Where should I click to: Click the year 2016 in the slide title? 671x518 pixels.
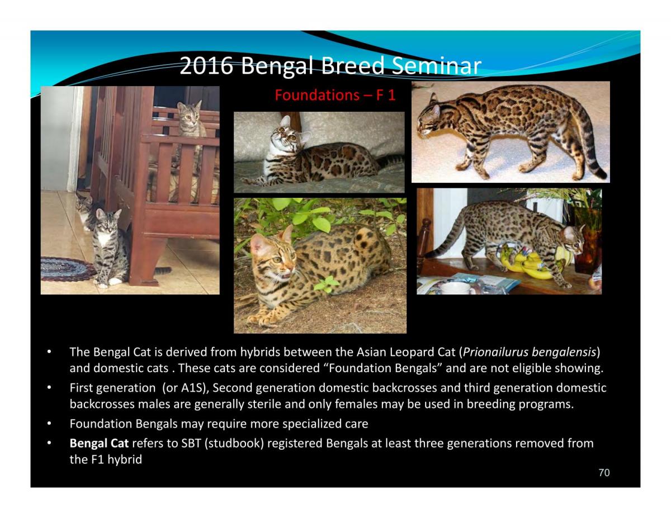pos(206,65)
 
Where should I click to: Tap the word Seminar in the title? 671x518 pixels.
pos(436,65)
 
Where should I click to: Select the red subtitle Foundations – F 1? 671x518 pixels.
pos(335,94)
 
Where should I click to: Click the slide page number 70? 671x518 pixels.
pos(604,473)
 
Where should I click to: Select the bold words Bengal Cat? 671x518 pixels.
pos(99,443)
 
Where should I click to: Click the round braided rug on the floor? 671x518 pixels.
pos(67,269)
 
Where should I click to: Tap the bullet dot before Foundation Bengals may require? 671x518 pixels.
pos(49,424)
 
